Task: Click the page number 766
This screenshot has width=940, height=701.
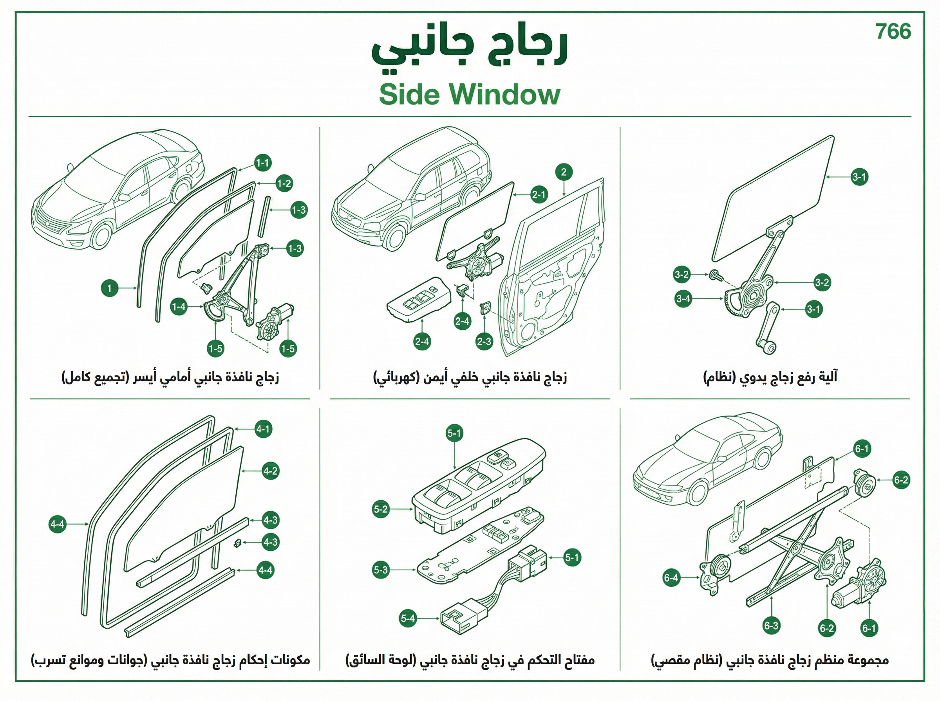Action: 893,31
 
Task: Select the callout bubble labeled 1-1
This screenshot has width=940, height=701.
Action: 263,162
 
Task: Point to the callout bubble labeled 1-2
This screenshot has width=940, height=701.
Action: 284,183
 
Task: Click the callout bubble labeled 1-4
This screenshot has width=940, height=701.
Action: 179,306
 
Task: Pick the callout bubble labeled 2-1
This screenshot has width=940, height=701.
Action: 539,195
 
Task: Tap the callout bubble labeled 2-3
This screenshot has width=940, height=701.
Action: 484,342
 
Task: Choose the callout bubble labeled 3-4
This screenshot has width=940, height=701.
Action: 683,299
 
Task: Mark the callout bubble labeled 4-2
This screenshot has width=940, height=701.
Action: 270,471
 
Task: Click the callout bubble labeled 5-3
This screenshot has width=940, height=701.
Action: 381,570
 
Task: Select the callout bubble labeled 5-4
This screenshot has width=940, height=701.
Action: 408,618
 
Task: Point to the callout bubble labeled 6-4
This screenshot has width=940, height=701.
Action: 671,577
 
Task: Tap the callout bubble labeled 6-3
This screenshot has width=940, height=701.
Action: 771,626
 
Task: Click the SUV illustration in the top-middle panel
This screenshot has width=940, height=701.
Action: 411,189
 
